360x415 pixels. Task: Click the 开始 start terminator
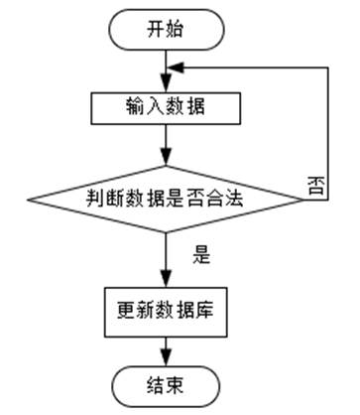(165, 29)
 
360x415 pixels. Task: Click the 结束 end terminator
(165, 381)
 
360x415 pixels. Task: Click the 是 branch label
(201, 254)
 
